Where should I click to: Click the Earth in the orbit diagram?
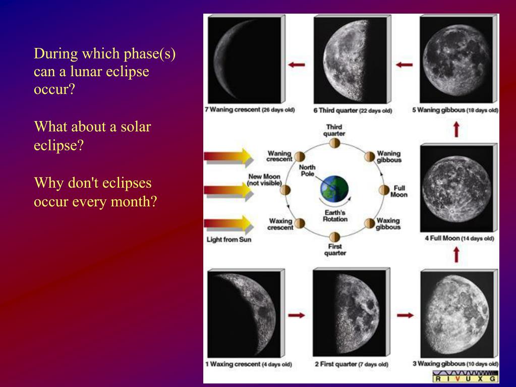(334, 189)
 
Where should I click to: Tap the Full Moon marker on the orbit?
(384, 190)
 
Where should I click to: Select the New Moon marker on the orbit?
(285, 190)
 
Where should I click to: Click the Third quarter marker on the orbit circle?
(335, 143)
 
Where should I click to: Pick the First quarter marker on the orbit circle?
(335, 237)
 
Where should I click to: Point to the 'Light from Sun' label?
(228, 240)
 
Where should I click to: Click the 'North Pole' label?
(307, 171)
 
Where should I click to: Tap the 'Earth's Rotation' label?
(335, 216)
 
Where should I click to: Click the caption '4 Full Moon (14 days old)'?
(460, 238)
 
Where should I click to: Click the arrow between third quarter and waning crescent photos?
(297, 65)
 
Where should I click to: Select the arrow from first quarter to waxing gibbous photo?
(405, 315)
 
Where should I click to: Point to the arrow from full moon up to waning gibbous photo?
(456, 255)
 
